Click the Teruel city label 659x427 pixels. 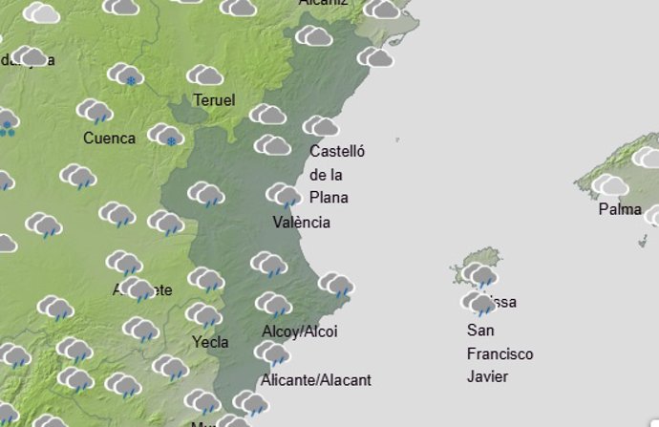click(x=214, y=100)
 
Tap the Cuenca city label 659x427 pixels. click(x=109, y=138)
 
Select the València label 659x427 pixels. click(x=301, y=223)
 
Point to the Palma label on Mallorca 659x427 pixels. click(x=620, y=209)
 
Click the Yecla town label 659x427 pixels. click(x=210, y=341)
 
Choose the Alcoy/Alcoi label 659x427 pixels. click(x=299, y=331)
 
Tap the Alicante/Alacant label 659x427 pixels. click(x=315, y=380)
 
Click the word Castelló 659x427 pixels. click(x=338, y=151)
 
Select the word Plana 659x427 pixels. click(x=329, y=198)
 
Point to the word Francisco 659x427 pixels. click(x=500, y=353)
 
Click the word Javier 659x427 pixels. click(x=487, y=376)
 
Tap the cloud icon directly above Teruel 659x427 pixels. click(x=204, y=75)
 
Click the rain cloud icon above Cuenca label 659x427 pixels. click(x=95, y=111)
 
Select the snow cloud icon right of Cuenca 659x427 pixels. click(x=165, y=135)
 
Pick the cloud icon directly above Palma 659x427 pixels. click(x=609, y=185)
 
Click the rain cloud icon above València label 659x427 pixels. click(x=284, y=195)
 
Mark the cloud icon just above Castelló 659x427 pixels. click(x=321, y=126)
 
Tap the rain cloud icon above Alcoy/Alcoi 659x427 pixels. click(x=273, y=305)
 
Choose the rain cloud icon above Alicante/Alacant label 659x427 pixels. click(x=273, y=354)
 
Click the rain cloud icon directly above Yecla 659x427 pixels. click(x=203, y=315)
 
